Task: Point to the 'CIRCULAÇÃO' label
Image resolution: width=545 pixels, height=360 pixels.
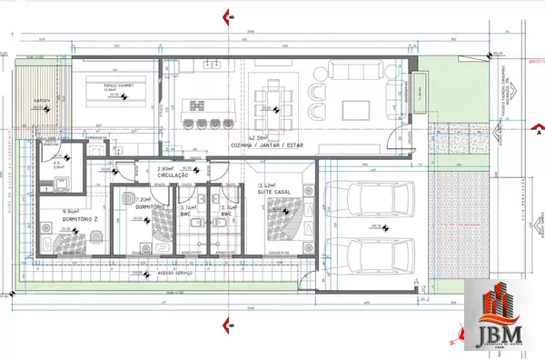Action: pos(177,178)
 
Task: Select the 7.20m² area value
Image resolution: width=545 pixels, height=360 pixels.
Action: pos(142,198)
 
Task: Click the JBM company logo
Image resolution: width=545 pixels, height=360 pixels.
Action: pos(503,315)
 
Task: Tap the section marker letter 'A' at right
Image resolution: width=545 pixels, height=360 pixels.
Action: pos(538,132)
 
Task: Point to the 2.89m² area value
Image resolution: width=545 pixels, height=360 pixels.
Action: pos(165,170)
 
